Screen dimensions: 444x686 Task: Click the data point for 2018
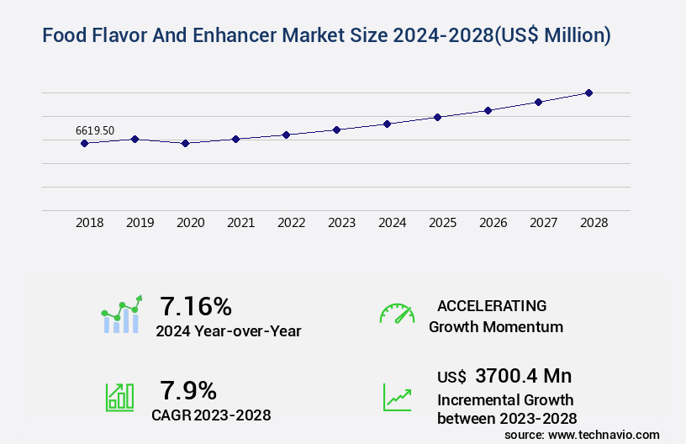coord(84,143)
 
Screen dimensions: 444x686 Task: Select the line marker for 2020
coord(185,143)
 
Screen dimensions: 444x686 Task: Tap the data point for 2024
coord(387,124)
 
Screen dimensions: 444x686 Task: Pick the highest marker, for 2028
coord(588,92)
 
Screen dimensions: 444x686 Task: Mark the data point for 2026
coord(488,110)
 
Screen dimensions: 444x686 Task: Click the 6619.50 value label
coord(95,130)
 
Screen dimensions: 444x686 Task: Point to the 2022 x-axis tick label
coord(291,223)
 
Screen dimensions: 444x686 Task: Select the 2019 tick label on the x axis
coord(140,223)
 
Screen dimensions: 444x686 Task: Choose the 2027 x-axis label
coord(543,223)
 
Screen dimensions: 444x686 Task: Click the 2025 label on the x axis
coord(442,223)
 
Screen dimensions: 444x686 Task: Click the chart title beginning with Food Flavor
coord(326,35)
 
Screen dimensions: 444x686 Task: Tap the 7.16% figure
coord(196,305)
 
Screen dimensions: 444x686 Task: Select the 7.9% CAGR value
coord(188,390)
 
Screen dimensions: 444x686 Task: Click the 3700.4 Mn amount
coord(523,376)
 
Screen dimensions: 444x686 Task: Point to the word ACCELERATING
coord(492,305)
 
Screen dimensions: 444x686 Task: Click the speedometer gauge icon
coord(397,314)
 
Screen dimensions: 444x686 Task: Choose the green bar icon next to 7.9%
coord(119,396)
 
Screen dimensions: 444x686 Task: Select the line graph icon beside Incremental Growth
coord(397,396)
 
